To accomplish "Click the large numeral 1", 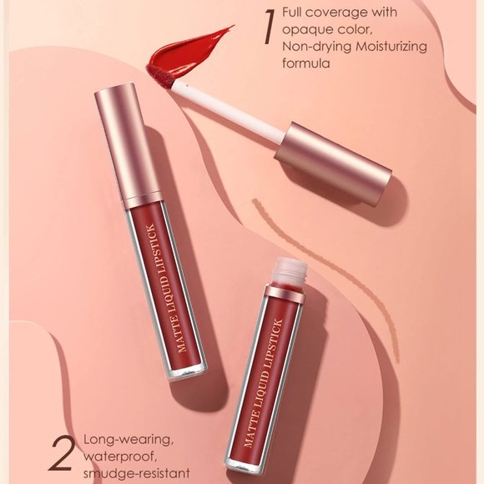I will coord(267,28).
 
